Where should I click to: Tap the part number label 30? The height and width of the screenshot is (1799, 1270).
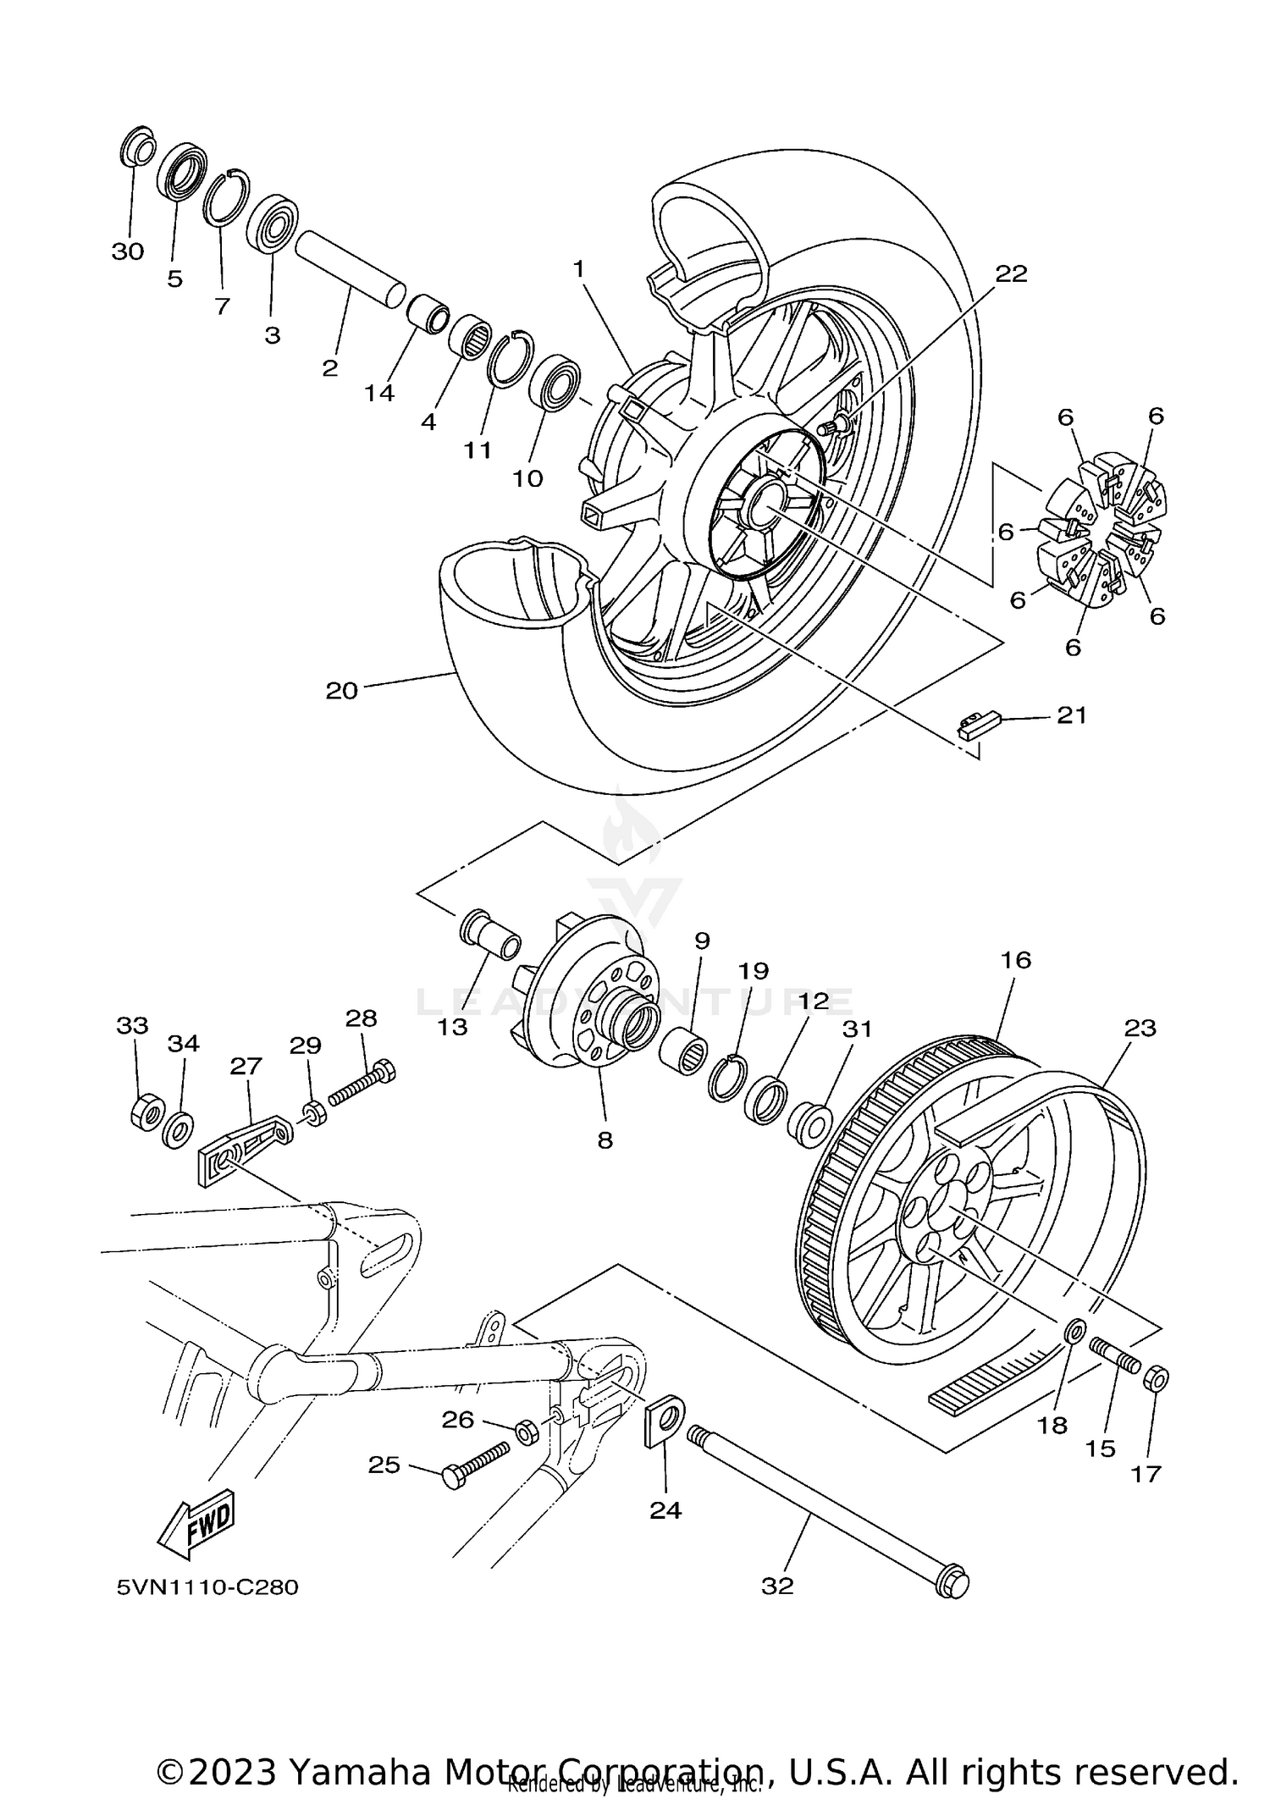coord(128,251)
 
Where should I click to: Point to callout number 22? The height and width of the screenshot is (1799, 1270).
coord(1010,273)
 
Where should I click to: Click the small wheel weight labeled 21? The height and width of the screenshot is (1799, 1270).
coord(979,725)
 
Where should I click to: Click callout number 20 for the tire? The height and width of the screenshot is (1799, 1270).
coord(342,691)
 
